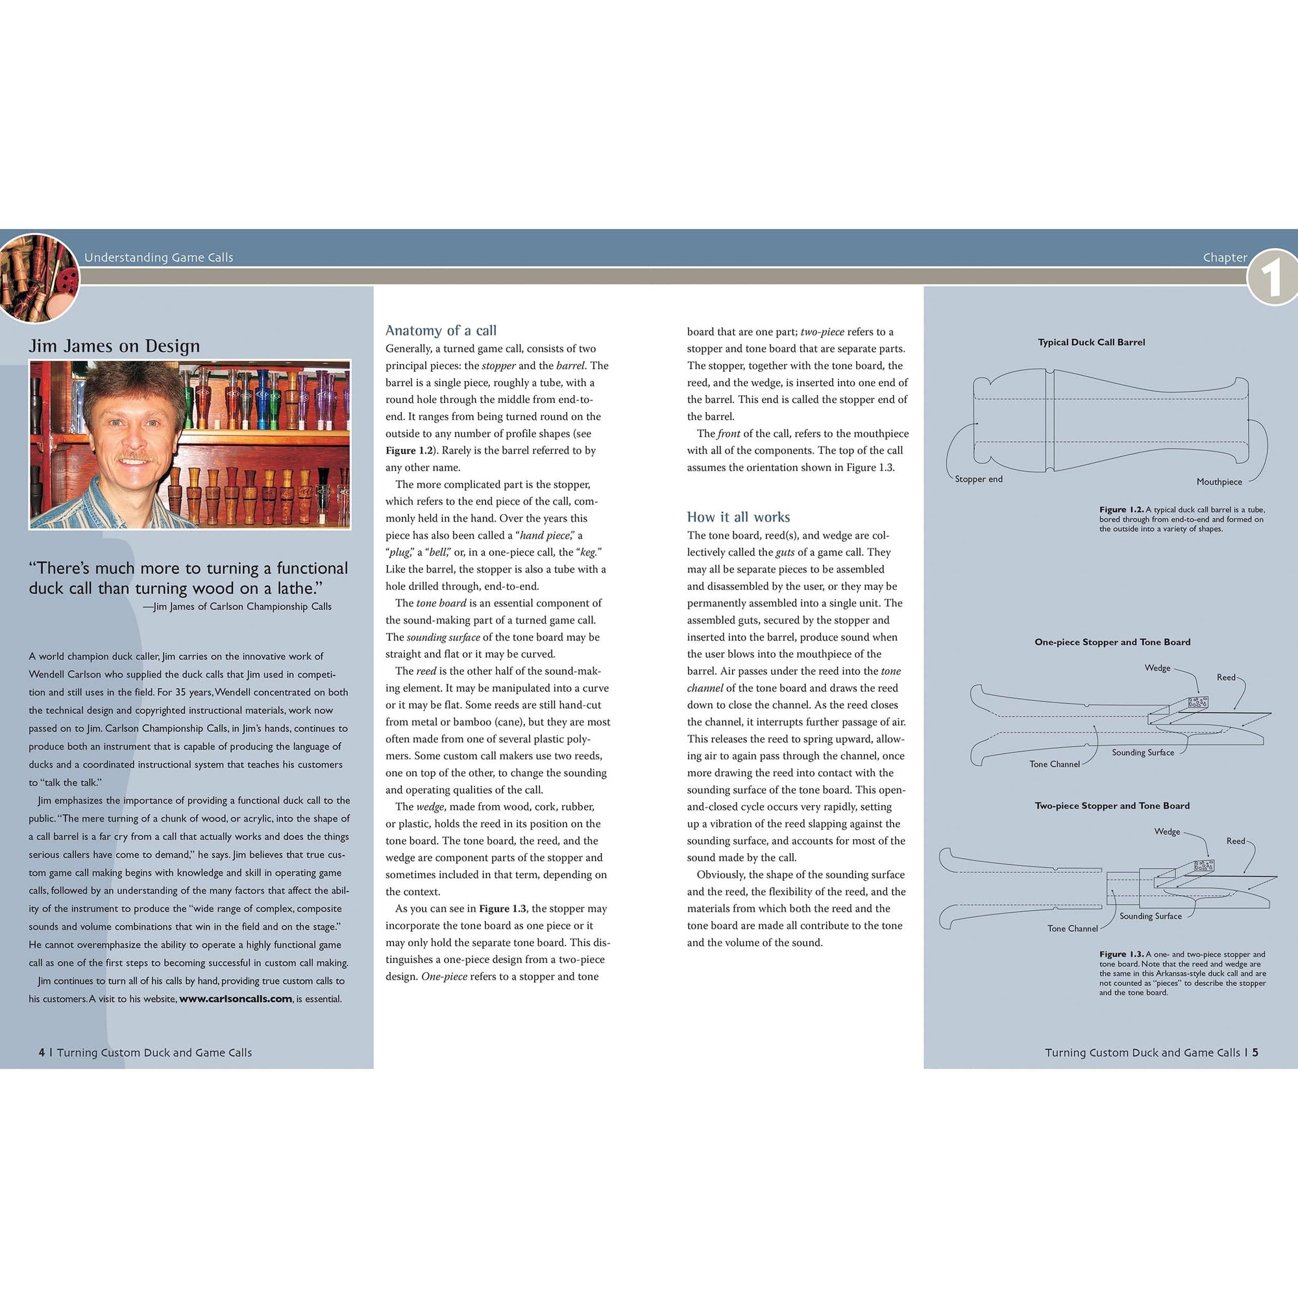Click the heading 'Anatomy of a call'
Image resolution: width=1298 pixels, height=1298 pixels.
[x=441, y=330]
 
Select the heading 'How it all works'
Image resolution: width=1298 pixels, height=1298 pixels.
[x=738, y=517]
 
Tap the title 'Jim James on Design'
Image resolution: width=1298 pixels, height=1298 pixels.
[x=114, y=346]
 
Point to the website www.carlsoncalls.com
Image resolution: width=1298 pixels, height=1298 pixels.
[x=235, y=999]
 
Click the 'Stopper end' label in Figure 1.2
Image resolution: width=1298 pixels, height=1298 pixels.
[x=978, y=479]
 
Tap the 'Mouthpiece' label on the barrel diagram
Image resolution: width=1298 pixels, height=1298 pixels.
[x=1219, y=482]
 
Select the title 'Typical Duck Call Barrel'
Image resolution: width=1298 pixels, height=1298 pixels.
[x=1091, y=342]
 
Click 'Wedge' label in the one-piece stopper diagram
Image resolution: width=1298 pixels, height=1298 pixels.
[x=1157, y=668]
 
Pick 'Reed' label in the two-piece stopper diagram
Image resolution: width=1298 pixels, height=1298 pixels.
[x=1236, y=840]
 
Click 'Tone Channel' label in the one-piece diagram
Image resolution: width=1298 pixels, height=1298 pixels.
[x=1054, y=764]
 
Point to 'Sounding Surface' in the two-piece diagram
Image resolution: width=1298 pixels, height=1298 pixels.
[x=1150, y=916]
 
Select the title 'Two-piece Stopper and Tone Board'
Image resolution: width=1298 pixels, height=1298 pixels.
[x=1112, y=805]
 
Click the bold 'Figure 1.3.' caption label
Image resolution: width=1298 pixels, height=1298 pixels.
[x=1121, y=954]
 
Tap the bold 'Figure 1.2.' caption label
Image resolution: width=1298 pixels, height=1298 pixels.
[x=1121, y=509]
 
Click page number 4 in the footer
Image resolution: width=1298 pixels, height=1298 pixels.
[x=42, y=1053]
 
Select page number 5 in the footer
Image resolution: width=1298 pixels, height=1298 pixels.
[x=1255, y=1053]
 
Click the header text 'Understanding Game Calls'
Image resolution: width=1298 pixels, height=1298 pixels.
[x=158, y=257]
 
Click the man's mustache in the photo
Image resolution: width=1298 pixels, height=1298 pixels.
[x=136, y=458]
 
